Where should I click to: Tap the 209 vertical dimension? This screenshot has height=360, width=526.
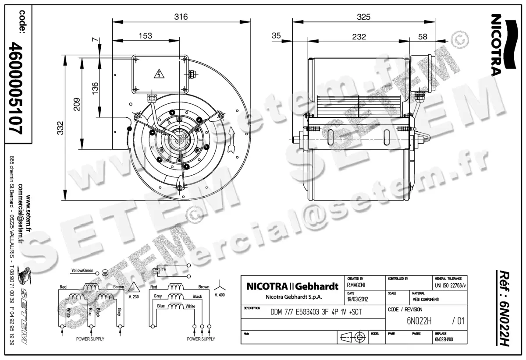tap(77, 104)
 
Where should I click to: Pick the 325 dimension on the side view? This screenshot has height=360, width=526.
tap(363, 17)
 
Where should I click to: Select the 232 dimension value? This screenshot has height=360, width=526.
tap(359, 37)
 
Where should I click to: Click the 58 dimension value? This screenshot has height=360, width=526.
tap(423, 37)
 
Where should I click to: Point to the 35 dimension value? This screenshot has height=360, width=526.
tap(276, 36)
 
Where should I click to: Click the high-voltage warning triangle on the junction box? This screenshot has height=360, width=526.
tap(157, 74)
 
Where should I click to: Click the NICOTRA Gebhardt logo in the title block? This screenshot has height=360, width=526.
tap(293, 287)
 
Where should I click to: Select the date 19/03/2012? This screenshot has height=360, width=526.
tap(358, 300)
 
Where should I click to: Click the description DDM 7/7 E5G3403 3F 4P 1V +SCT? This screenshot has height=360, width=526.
tap(314, 312)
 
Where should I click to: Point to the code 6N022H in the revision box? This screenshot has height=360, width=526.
tap(413, 321)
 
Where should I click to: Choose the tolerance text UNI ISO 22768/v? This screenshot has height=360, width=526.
tap(450, 285)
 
